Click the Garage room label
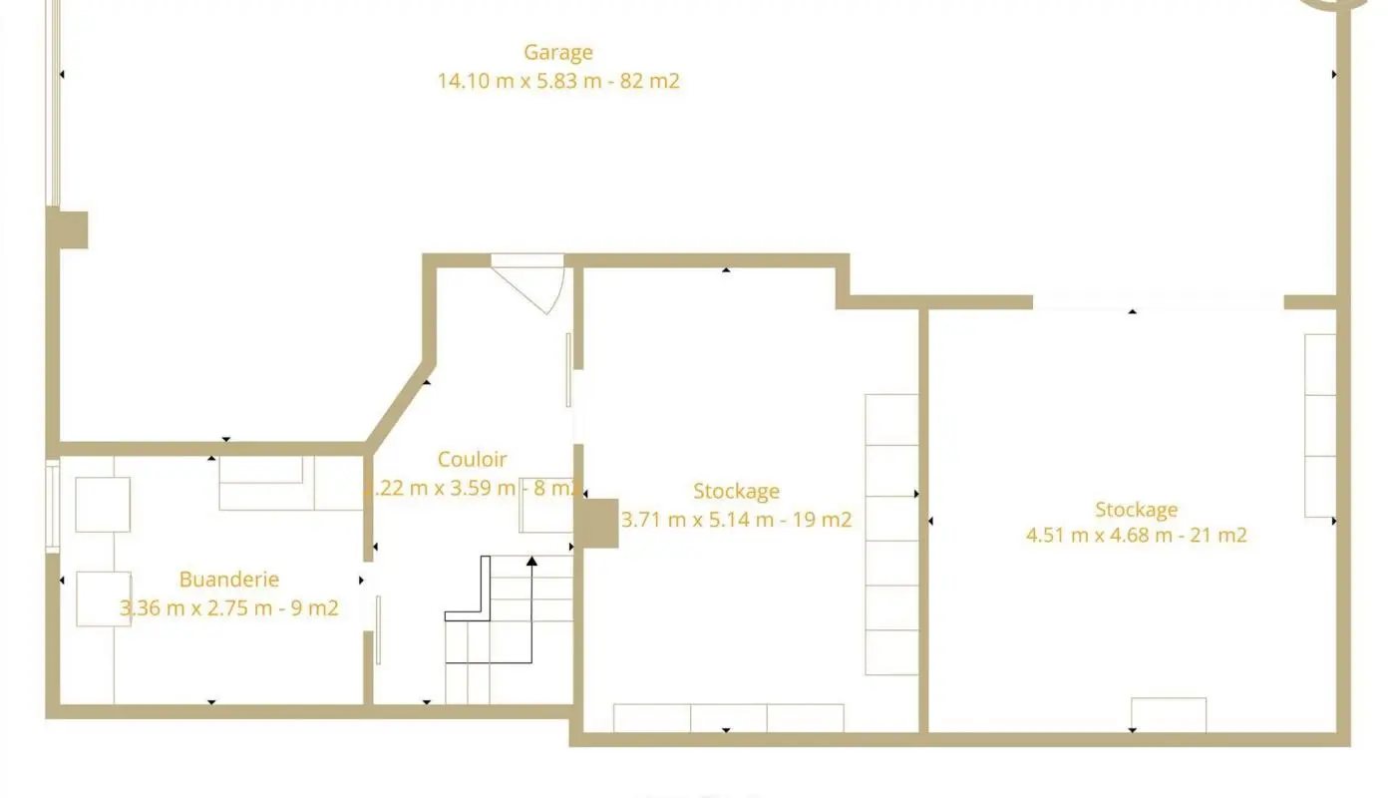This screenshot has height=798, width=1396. pos(558,52)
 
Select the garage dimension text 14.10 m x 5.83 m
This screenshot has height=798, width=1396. pos(519,81)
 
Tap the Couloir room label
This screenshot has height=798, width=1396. pos(472,460)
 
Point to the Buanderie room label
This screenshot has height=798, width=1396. pos(228,580)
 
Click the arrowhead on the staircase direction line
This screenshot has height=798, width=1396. pos(531,562)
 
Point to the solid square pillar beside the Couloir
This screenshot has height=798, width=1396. pos(597,523)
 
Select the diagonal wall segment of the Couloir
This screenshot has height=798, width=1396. pos(399,403)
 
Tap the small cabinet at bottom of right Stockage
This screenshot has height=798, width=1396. pos(1169,714)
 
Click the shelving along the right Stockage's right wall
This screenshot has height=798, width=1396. pos(1319,425)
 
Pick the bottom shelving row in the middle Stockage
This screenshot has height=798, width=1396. pos(728,717)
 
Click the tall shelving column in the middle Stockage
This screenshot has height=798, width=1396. pos(890,534)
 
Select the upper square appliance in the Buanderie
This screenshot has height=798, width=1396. pos(103,505)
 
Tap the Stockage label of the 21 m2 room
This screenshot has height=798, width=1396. pos(1136,510)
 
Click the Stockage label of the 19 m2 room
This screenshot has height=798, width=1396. pos(736,491)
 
